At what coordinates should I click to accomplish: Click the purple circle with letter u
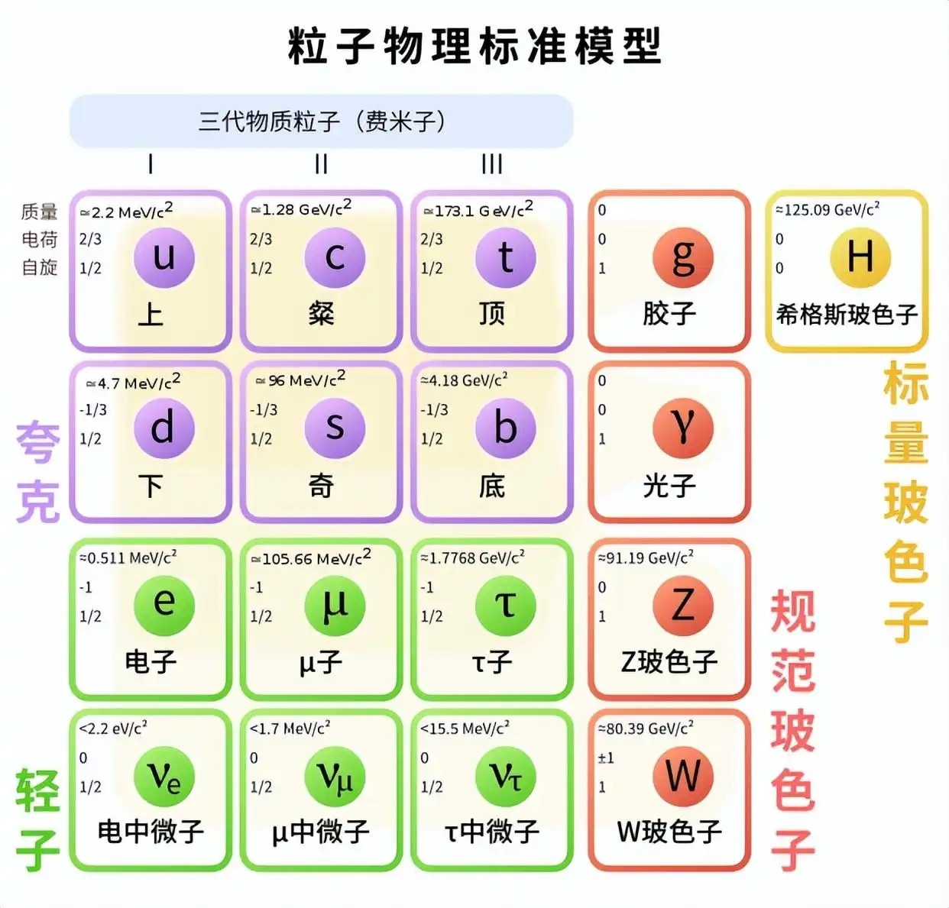(x=164, y=258)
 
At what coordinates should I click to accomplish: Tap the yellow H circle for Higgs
(x=860, y=258)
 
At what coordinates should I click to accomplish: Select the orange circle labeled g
(x=683, y=258)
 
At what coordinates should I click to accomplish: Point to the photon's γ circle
(x=683, y=428)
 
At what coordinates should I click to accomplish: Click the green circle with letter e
(x=164, y=606)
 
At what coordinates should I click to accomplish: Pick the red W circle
(x=683, y=777)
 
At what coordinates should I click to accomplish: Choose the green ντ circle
(x=506, y=777)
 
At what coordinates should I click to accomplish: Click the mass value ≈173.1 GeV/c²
(x=478, y=209)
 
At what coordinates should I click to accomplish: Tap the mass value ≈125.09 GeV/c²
(x=828, y=209)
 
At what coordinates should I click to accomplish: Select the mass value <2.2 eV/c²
(x=113, y=728)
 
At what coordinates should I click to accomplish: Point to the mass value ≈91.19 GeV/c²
(x=646, y=557)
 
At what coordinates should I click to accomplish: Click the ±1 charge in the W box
(x=606, y=758)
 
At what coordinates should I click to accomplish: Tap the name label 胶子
(x=669, y=313)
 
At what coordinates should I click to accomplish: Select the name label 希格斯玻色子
(x=847, y=315)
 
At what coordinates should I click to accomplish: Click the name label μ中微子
(x=320, y=832)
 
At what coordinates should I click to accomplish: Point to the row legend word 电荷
(x=40, y=239)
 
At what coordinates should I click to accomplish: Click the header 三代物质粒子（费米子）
(x=322, y=121)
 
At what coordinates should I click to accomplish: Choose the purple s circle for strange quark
(x=335, y=428)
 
